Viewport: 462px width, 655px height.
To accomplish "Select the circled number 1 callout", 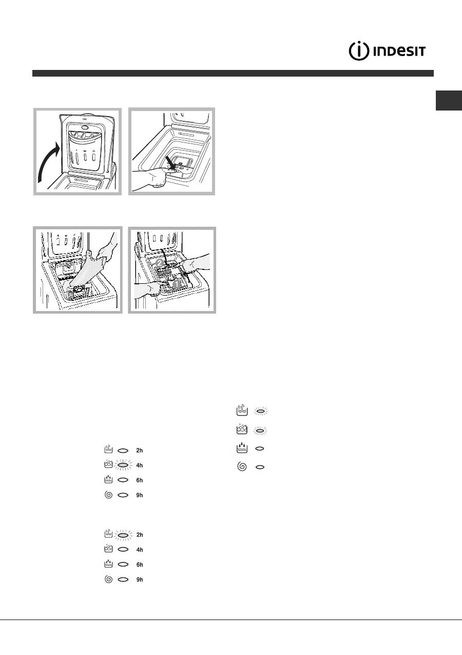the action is pos(177,283).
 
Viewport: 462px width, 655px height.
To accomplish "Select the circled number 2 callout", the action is pos(160,263).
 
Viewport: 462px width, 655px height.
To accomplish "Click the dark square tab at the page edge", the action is pos(449,100).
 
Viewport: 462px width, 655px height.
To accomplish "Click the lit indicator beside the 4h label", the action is pos(123,465).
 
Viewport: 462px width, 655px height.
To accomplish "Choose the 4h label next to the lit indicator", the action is pos(139,465).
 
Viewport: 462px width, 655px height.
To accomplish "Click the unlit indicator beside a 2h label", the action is pos(123,450).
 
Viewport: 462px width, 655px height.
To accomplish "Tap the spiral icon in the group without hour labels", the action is pos(242,467).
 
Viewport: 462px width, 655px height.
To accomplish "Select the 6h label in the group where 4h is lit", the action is pos(139,480).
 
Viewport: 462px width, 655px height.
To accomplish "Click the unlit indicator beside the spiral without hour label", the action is pos(260,467).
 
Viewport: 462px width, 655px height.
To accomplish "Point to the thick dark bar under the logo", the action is pos(233,73).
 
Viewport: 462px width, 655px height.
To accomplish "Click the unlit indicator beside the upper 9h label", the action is pos(123,495).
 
